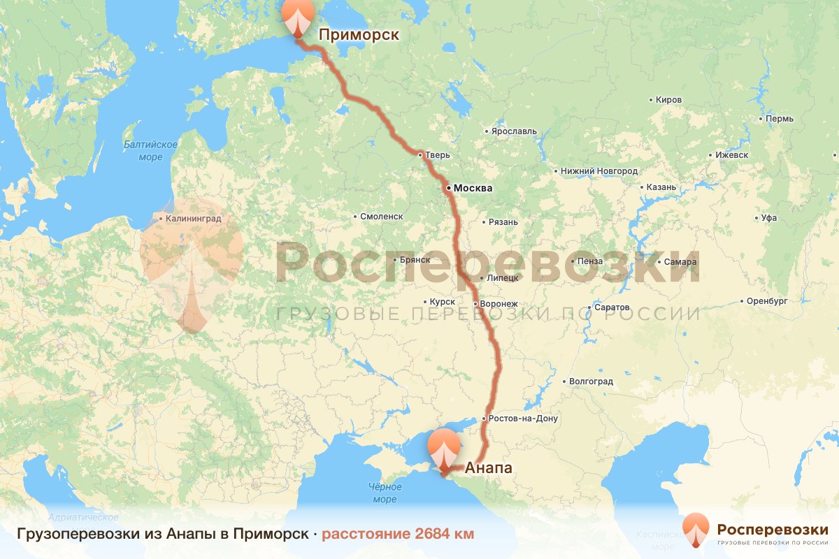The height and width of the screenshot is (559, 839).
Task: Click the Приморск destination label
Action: pos(358,34)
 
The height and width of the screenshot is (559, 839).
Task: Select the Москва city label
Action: pos(473,188)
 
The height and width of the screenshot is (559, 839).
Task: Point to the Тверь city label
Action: pos(437,154)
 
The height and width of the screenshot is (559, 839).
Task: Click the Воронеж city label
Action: pos(498,304)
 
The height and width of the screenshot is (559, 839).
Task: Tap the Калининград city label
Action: pos(194,219)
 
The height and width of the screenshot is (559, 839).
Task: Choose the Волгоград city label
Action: pos(591,382)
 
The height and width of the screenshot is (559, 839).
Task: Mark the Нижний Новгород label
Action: pos(598,171)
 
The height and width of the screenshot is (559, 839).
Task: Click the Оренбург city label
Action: pos(767,302)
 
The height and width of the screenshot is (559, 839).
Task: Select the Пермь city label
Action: pos(779,119)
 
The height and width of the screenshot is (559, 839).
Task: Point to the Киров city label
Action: pos(668,100)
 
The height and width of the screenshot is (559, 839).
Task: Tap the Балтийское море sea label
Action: pos(150,150)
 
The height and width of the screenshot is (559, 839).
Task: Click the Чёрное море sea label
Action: pos(385,493)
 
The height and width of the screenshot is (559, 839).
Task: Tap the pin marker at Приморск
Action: pos(297,17)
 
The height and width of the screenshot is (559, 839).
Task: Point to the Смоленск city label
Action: pos(381,217)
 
